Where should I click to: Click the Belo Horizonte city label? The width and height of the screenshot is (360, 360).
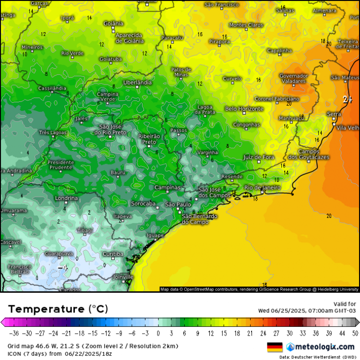pos(244,109)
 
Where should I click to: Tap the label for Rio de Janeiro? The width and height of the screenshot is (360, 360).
pos(262,188)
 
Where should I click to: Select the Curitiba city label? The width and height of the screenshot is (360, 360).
pos(113,254)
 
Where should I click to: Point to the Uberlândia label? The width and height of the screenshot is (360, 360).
pos(137,83)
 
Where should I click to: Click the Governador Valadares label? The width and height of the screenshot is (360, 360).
pos(294,79)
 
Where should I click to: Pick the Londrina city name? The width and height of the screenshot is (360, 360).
pos(66,198)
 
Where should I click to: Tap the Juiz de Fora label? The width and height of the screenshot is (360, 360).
pos(259,157)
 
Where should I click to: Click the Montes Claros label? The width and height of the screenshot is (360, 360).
pos(246,25)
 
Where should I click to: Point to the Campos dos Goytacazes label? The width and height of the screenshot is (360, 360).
pos(309,155)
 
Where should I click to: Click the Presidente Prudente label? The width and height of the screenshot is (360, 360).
pos(61,165)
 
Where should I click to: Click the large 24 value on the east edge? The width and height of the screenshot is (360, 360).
pos(348,100)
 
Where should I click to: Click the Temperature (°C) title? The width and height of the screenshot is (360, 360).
pos(58,308)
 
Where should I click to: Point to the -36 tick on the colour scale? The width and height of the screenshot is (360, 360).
pos(14,333)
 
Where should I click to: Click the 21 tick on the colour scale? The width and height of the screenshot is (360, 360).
pos(250,333)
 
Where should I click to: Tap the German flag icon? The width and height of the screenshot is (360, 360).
pos(275,347)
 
